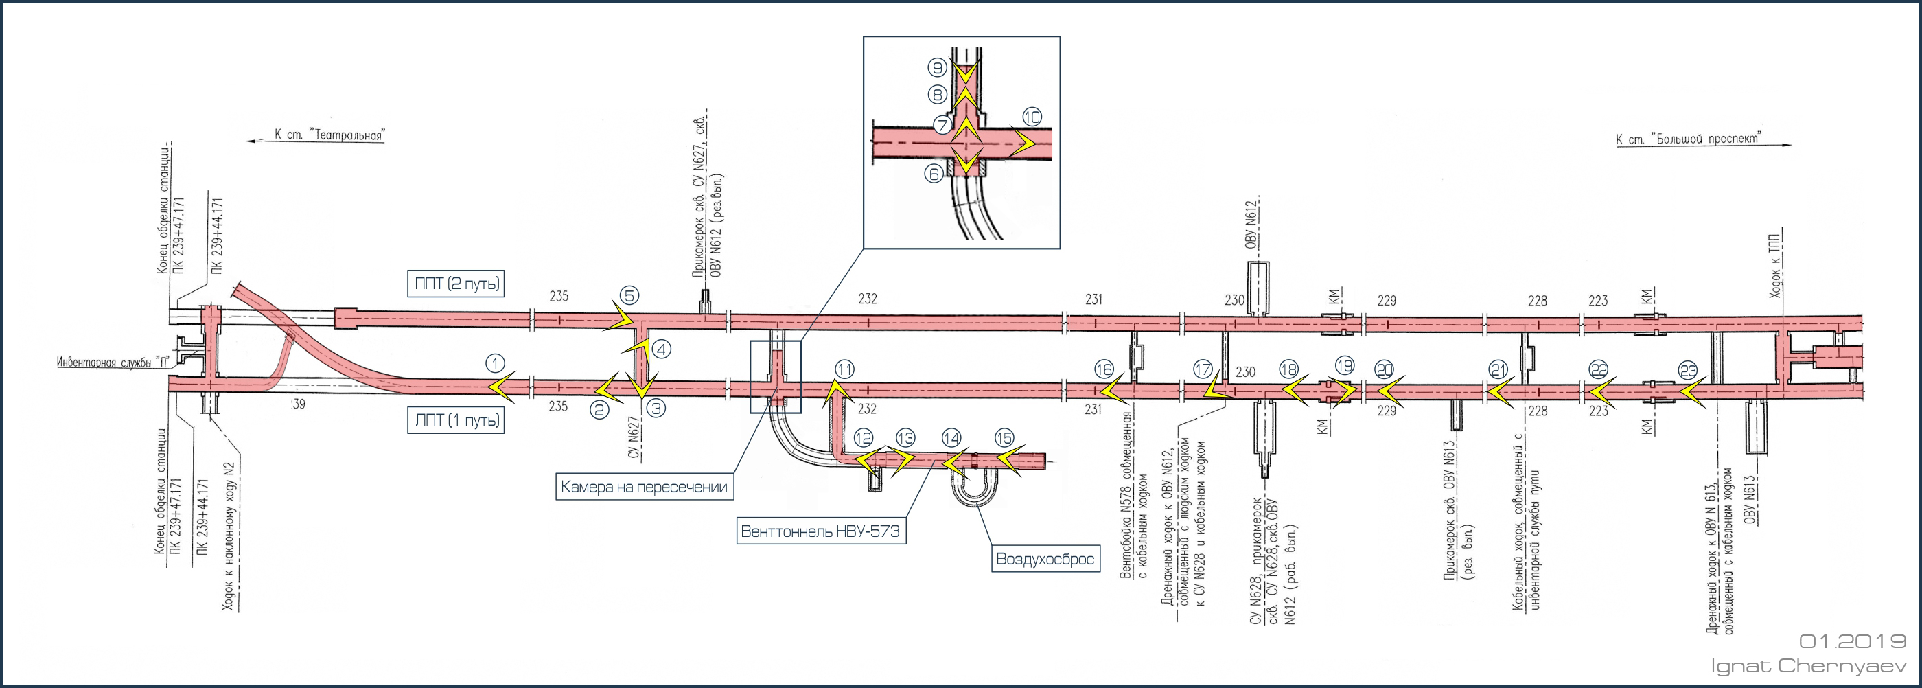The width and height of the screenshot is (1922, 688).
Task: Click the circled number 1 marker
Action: [x=496, y=363]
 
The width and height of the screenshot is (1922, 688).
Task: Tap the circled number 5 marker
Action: [x=629, y=295]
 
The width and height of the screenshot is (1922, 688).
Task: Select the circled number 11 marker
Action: [x=844, y=369]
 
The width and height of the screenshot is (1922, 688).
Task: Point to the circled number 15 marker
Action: [x=1004, y=438]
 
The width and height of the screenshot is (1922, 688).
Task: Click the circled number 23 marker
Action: [x=1688, y=370]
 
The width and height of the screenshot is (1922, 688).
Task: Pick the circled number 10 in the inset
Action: [x=1031, y=117]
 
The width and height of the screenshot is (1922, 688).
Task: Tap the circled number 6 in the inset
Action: [x=934, y=174]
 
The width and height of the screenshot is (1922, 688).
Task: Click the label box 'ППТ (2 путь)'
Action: [x=457, y=284]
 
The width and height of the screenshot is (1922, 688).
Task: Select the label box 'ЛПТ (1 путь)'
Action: [x=456, y=420]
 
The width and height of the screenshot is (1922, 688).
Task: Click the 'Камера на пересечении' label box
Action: [x=644, y=488]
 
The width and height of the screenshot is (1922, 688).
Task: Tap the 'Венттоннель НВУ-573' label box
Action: [x=820, y=531]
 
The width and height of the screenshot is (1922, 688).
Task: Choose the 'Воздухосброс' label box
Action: [x=1045, y=559]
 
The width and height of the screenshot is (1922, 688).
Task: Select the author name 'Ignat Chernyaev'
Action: [x=1808, y=665]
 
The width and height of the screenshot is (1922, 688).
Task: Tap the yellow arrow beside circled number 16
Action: [x=1114, y=389]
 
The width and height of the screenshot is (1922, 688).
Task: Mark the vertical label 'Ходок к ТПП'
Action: [x=1776, y=265]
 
